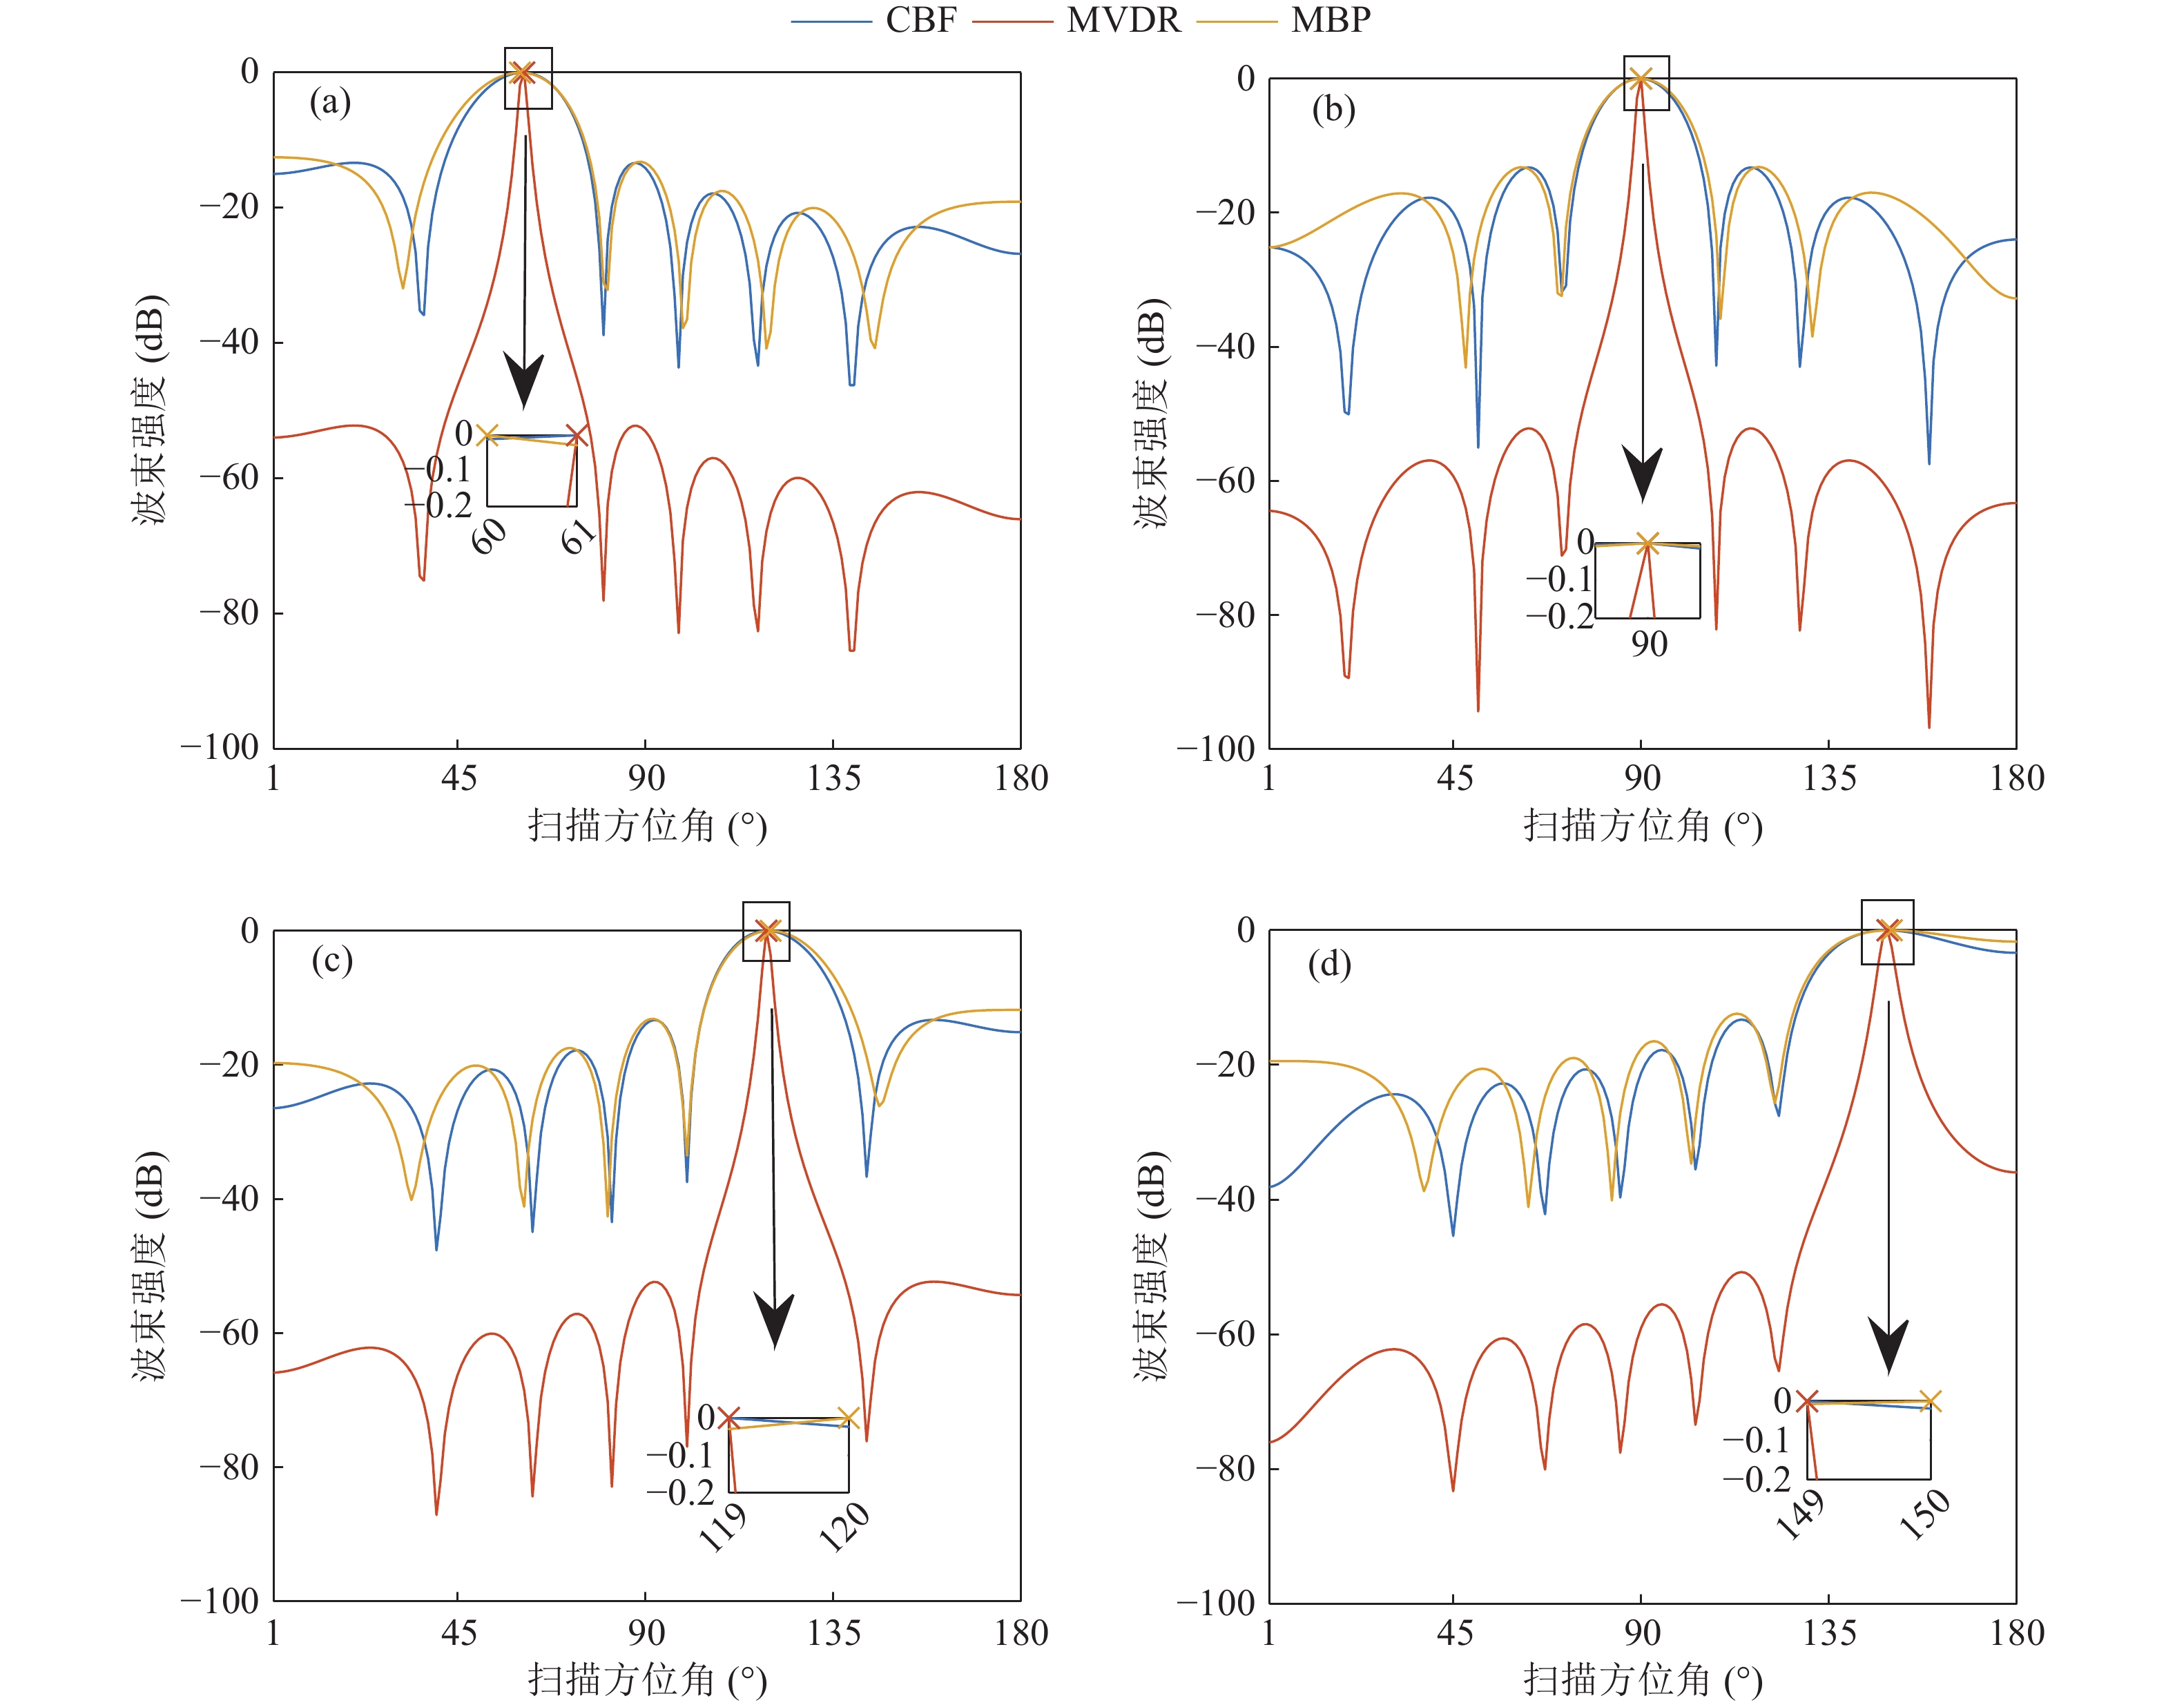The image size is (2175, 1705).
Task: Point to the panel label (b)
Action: coord(1333,109)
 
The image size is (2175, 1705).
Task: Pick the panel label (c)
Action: coord(331,961)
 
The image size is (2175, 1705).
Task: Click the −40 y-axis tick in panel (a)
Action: coord(229,343)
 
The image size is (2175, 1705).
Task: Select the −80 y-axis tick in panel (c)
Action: coord(229,1467)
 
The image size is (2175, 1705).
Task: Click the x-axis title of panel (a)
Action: coord(647,827)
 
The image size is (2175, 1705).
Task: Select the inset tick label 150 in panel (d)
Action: coord(1924,1514)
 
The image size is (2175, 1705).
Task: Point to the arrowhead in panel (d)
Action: coord(1888,1347)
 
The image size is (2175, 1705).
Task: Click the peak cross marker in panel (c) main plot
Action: coord(766,932)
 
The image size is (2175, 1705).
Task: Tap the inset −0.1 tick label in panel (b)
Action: coord(1559,579)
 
